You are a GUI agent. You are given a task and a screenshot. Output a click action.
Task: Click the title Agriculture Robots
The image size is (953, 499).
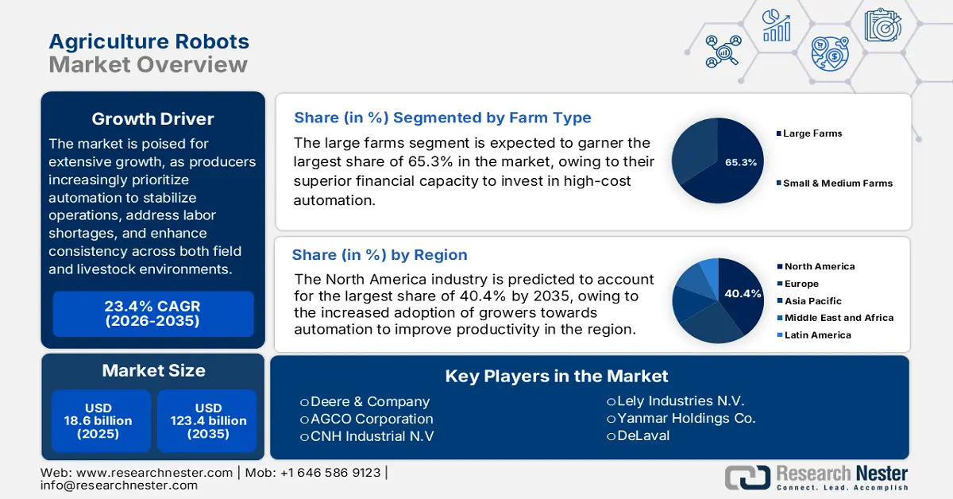pos(149,41)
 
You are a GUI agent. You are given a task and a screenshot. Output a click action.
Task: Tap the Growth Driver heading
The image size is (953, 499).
pos(152,119)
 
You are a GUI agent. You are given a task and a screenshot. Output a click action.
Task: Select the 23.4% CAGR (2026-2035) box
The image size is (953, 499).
pos(152,314)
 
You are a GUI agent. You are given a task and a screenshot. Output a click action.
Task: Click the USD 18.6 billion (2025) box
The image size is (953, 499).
pos(98,421)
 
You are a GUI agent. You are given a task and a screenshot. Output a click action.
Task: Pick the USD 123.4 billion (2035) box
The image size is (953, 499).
pos(209,421)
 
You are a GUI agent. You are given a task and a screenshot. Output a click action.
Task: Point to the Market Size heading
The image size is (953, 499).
pos(152,370)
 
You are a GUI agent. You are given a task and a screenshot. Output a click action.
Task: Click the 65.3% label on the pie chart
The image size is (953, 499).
pos(740,162)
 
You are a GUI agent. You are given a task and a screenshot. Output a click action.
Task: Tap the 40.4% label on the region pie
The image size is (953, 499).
pos(743,294)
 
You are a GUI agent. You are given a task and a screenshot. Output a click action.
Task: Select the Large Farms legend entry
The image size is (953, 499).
pos(812,133)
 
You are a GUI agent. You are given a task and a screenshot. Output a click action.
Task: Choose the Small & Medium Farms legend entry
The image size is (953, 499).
pos(837,183)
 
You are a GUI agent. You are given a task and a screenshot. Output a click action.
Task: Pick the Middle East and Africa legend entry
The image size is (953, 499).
pos(838,318)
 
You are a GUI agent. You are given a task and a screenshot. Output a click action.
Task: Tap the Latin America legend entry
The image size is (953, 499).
pos(817,335)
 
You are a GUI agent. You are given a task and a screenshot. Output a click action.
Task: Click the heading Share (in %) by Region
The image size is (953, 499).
pos(380,255)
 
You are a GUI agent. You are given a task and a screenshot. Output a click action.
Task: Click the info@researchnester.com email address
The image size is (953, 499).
pos(119,485)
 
